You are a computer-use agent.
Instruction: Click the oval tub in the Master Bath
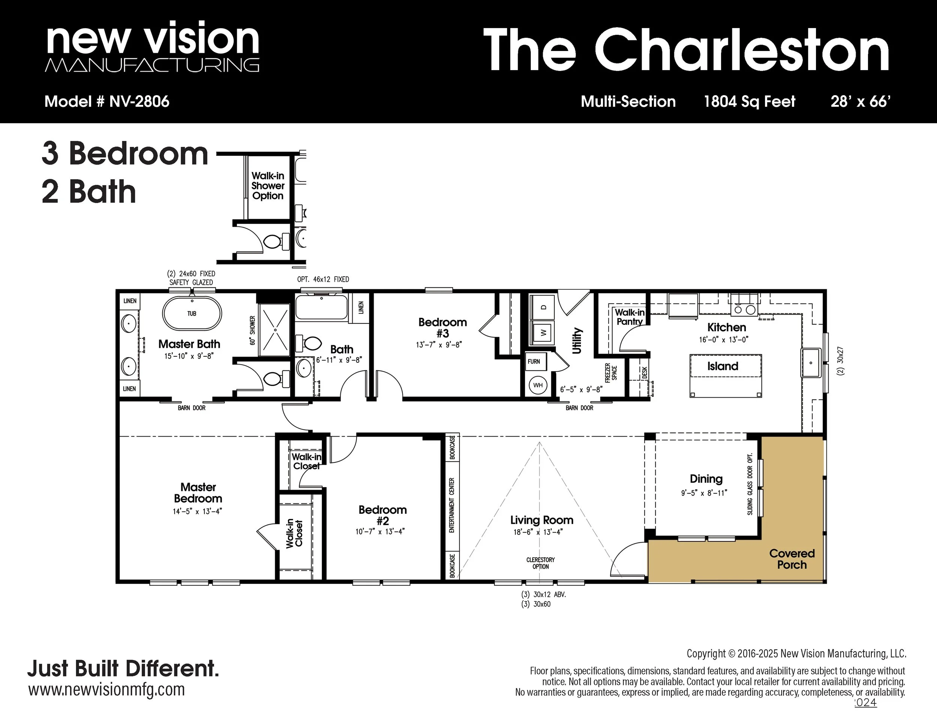coord(192,313)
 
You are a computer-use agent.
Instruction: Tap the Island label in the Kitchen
coord(723,366)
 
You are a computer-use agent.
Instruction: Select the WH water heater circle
coord(538,385)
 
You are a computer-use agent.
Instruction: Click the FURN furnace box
coord(534,362)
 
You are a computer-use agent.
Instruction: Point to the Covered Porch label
coord(792,559)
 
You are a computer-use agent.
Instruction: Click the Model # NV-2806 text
coord(107,102)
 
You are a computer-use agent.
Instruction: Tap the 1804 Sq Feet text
coord(750,102)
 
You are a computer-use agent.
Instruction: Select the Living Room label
coord(542,520)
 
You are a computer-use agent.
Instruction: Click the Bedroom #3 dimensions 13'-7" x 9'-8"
coord(439,344)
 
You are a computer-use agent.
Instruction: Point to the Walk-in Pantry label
coord(629,317)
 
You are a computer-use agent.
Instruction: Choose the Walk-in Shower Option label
coord(268,186)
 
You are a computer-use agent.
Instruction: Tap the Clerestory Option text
coord(540,563)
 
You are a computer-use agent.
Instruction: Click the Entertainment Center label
coord(451,505)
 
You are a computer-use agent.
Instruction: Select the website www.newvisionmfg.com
coord(106,690)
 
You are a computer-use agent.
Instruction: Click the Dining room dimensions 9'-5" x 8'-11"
coord(704,493)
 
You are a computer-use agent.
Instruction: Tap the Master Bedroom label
coord(198,493)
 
